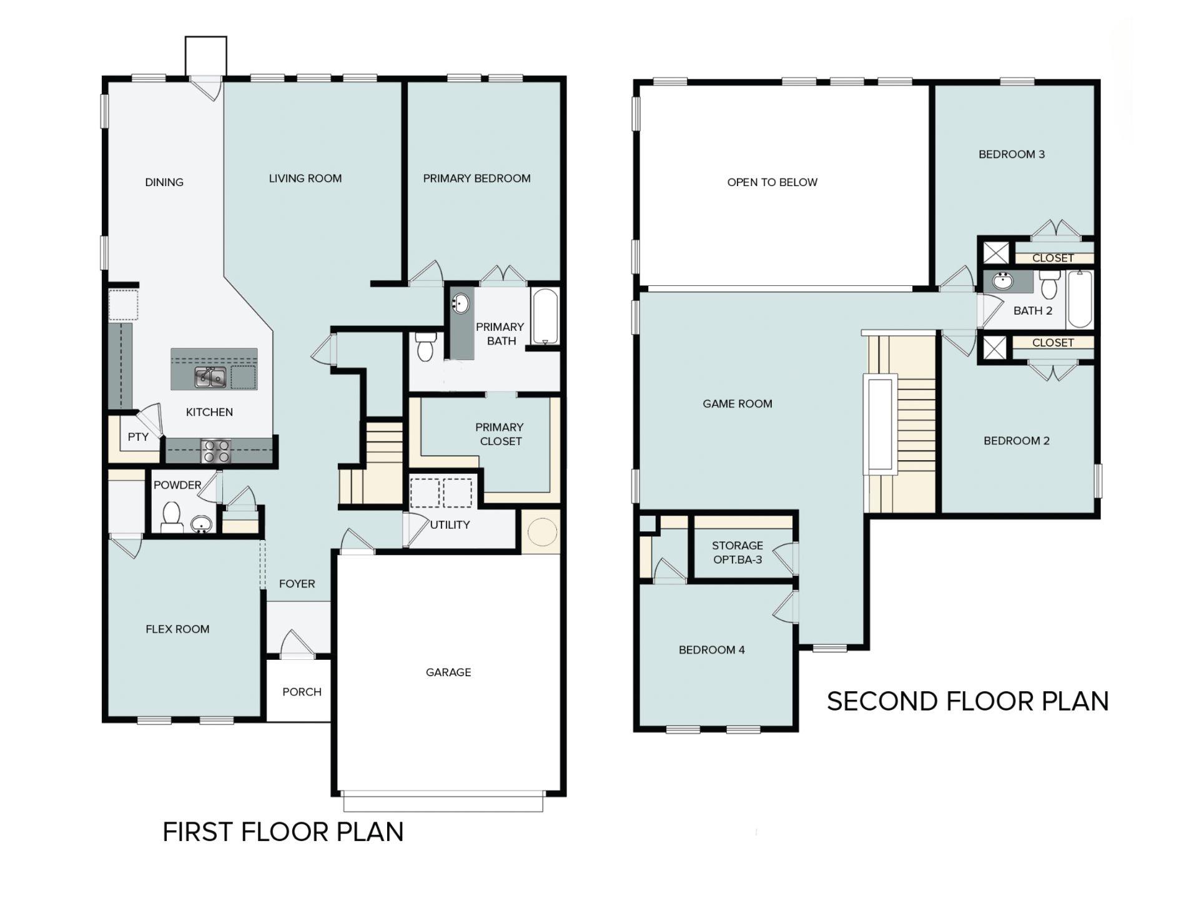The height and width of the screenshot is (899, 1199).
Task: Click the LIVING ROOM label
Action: click(x=305, y=179)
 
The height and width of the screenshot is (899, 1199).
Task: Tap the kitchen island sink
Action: click(x=210, y=377)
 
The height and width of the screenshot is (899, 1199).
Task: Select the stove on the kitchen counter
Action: click(x=215, y=451)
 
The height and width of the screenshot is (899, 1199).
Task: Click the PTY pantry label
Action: click(x=138, y=437)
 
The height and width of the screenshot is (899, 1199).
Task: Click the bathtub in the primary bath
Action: click(x=545, y=316)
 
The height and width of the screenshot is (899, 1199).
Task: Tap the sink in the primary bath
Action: click(x=461, y=304)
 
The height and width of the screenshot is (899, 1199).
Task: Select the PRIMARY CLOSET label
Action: click(x=500, y=434)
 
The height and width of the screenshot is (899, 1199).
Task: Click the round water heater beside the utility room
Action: click(x=541, y=532)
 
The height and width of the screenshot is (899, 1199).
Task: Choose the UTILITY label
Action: click(x=450, y=525)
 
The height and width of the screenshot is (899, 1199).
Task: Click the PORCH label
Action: click(x=302, y=692)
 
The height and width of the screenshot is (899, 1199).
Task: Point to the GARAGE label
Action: click(x=448, y=672)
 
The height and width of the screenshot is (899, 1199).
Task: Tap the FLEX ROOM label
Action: click(x=177, y=629)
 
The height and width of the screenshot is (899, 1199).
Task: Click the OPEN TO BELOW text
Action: click(x=772, y=182)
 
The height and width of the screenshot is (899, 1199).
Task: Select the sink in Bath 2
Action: click(x=1003, y=281)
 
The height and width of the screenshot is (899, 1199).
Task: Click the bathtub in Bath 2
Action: click(x=1080, y=299)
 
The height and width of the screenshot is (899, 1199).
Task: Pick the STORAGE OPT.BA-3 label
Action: click(x=738, y=553)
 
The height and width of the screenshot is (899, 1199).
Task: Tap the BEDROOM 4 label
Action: click(x=712, y=650)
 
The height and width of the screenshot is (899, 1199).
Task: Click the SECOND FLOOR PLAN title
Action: click(x=968, y=701)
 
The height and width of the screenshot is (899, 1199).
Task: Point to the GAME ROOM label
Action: click(x=738, y=404)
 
